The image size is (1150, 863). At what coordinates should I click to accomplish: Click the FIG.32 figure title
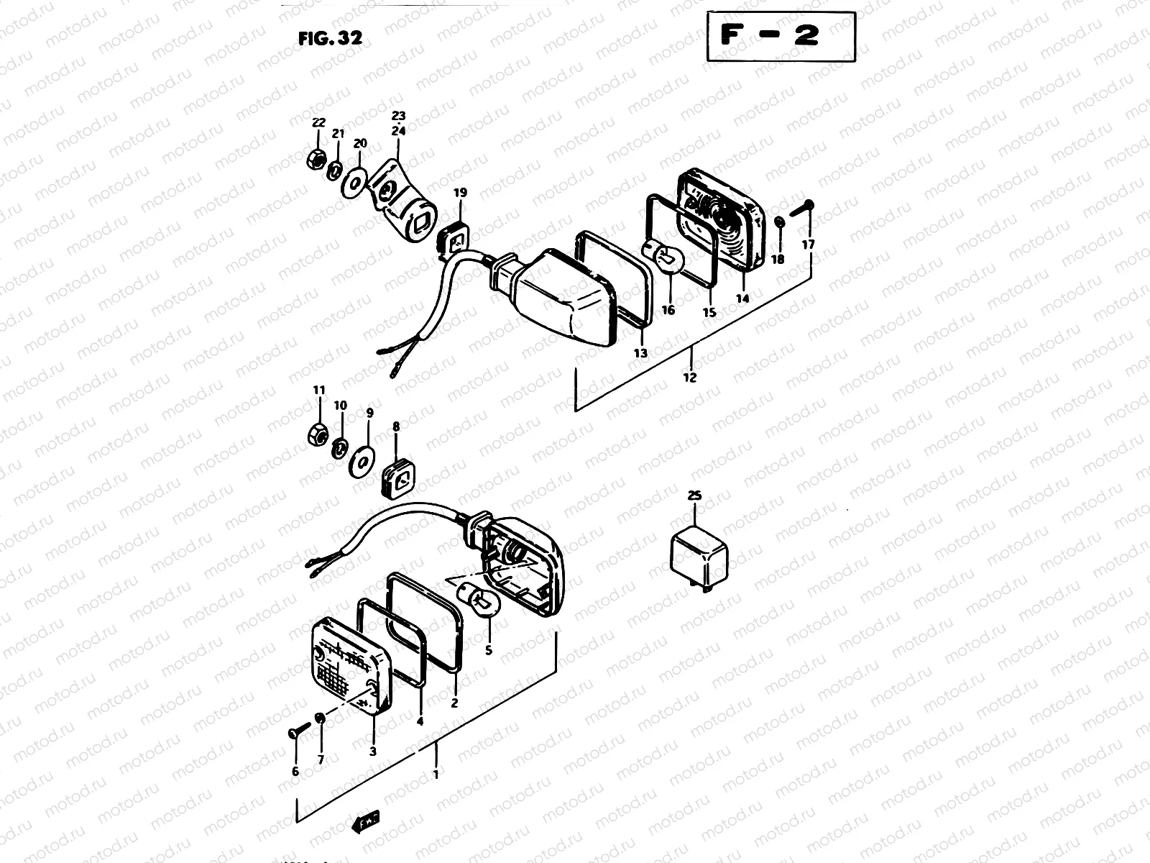330,38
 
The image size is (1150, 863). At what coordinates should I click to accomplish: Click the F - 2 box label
781,36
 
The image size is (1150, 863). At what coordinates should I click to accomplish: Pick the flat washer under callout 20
354,181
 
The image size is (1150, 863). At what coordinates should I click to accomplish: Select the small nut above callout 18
779,224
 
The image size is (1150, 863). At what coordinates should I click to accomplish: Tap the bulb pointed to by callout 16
662,258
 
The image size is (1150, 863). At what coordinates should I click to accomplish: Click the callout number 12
690,377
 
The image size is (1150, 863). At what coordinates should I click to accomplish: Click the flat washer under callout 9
361,460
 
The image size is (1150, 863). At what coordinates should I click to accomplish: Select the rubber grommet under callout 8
397,478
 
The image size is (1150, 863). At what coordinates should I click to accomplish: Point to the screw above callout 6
297,731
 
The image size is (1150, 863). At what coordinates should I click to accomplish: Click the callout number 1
435,774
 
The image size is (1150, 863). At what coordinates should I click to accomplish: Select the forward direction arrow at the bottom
365,821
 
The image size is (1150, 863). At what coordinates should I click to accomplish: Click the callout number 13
640,353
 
